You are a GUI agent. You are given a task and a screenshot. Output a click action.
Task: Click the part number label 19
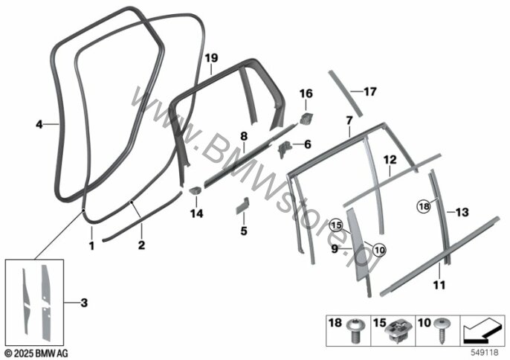pyautogui.click(x=211, y=58)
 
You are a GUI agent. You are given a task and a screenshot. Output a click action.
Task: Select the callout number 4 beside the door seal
pyautogui.click(x=39, y=124)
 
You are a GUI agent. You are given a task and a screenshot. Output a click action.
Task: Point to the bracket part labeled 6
pyautogui.click(x=284, y=149)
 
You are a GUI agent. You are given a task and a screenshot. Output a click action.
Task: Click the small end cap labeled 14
pyautogui.click(x=196, y=190)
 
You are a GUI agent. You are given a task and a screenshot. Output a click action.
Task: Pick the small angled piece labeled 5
pyautogui.click(x=242, y=206)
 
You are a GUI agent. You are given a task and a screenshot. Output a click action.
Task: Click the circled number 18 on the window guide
pyautogui.click(x=424, y=206)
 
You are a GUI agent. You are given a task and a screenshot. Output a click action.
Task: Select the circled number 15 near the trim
pyautogui.click(x=336, y=225)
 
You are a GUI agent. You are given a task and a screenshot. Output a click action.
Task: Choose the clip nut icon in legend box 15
pyautogui.click(x=399, y=332)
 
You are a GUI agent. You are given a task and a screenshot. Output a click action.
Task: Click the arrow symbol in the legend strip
pyautogui.click(x=481, y=331)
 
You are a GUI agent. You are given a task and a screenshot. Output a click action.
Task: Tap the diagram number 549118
pyautogui.click(x=485, y=353)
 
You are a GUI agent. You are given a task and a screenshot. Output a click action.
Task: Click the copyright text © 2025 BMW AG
pyautogui.click(x=37, y=353)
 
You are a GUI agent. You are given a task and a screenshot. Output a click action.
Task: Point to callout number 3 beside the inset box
pyautogui.click(x=84, y=303)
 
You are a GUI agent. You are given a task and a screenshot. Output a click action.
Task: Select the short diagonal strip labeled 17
pyautogui.click(x=345, y=93)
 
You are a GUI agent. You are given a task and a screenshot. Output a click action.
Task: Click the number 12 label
pyautogui.click(x=390, y=159)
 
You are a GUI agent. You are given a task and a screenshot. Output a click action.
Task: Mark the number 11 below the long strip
pyautogui.click(x=439, y=285)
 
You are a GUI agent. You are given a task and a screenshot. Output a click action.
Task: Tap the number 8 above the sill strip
pyautogui.click(x=244, y=136)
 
